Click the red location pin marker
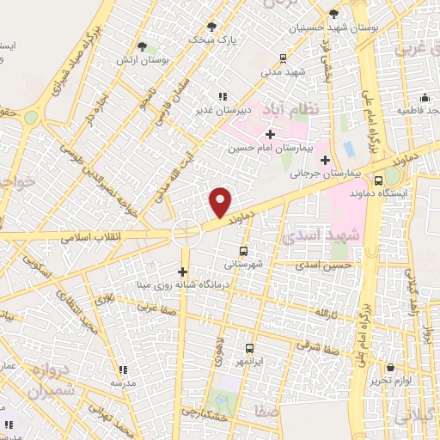pyautogui.click(x=221, y=203)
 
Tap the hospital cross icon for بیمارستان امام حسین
pyautogui.click(x=270, y=134)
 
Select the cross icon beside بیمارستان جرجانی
pyautogui.click(x=325, y=160)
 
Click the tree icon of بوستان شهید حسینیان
pyautogui.click(x=334, y=14)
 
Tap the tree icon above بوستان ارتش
pyautogui.click(x=143, y=48)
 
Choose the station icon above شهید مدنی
pyautogui.click(x=283, y=58)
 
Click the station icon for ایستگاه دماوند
pyautogui.click(x=379, y=180)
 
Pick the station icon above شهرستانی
pyautogui.click(x=243, y=251)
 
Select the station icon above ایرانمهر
pyautogui.click(x=249, y=348)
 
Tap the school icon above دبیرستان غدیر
pyautogui.click(x=223, y=96)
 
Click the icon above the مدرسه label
pyautogui.click(x=121, y=370)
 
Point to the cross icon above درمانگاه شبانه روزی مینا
pyautogui.click(x=182, y=271)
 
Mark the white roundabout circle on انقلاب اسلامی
pyautogui.click(x=186, y=232)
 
